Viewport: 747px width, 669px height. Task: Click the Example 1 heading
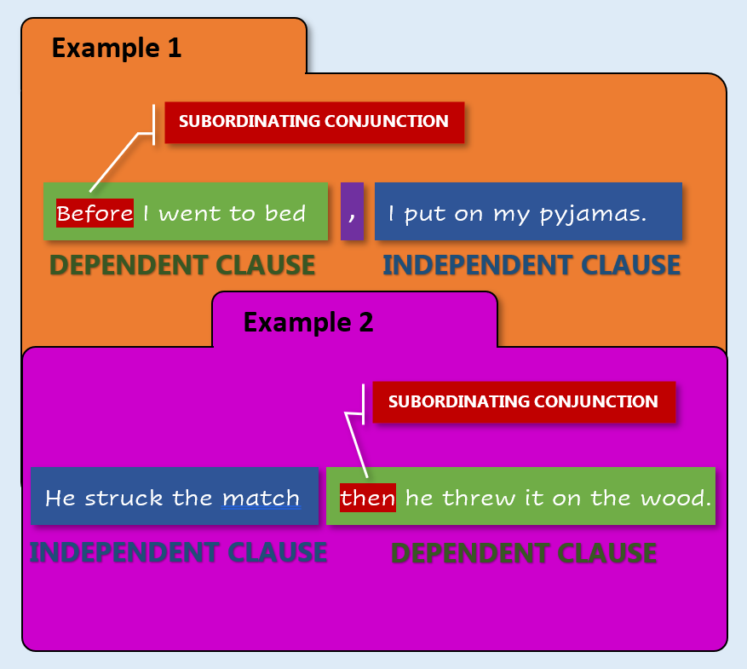[117, 48]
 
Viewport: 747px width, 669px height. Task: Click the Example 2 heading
[308, 323]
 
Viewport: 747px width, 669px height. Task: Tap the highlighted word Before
[95, 213]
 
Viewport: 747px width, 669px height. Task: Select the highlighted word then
[368, 498]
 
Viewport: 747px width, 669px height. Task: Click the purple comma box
[352, 211]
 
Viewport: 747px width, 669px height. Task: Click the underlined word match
[261, 499]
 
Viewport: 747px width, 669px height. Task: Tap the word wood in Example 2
[675, 499]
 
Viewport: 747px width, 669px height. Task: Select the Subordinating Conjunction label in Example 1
[314, 122]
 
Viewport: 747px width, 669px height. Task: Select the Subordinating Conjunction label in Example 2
[524, 401]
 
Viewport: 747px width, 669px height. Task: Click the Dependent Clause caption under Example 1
[182, 265]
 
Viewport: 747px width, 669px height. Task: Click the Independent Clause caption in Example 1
[532, 265]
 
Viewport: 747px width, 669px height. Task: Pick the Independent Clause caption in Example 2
[178, 552]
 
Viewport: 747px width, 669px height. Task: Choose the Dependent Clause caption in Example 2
[524, 553]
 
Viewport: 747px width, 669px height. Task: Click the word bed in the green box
[284, 213]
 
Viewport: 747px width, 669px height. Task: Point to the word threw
[480, 499]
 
